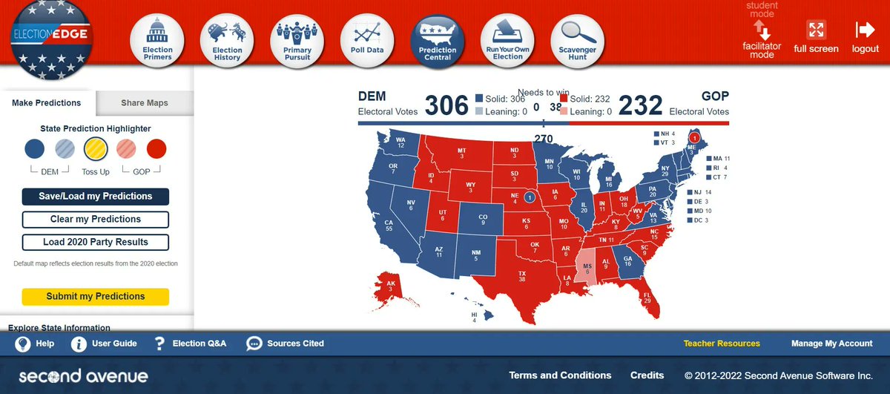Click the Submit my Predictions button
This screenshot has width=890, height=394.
click(x=96, y=296)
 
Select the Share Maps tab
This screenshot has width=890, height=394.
click(x=145, y=103)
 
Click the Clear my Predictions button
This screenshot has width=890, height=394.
click(x=96, y=220)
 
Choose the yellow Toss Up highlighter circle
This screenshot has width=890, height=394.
click(x=96, y=149)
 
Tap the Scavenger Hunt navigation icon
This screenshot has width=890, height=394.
click(x=577, y=42)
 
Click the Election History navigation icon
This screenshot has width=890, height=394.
click(x=227, y=42)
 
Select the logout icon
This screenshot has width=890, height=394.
click(x=865, y=36)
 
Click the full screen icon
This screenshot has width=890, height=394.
click(x=816, y=36)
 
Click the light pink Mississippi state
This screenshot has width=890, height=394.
click(x=587, y=270)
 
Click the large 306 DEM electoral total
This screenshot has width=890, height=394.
click(x=446, y=105)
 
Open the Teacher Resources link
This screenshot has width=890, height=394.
click(x=722, y=344)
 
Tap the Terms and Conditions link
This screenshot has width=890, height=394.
click(x=560, y=375)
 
